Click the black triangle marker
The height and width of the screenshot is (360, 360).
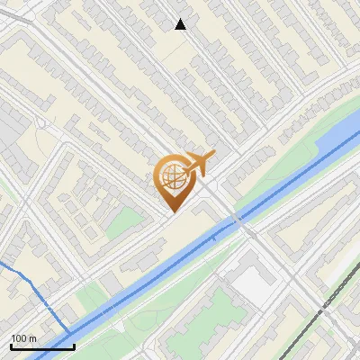pos(181,24)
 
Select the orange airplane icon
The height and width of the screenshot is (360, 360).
pos(197,164)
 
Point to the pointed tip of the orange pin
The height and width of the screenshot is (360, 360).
pos(171,211)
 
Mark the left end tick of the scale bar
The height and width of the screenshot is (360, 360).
pos(11,346)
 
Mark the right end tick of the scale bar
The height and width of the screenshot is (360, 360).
pos(74,346)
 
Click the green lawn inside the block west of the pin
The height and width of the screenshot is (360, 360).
pos(126,221)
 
